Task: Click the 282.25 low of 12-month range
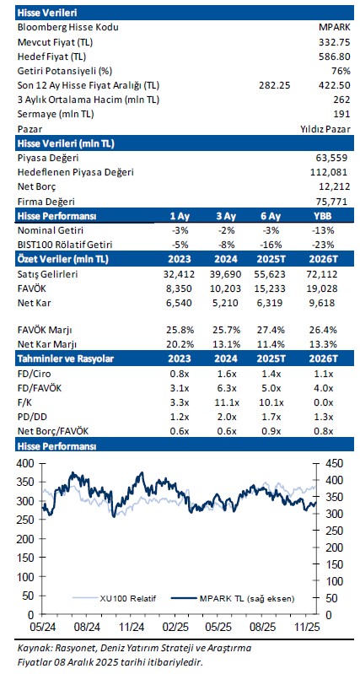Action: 275,85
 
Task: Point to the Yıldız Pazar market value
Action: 325,129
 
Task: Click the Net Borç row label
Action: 36,187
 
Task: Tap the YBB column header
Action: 323,216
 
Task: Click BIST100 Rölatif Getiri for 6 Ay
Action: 271,245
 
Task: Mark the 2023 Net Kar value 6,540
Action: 180,303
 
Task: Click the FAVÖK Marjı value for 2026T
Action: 323,331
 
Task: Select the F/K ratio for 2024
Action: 226,403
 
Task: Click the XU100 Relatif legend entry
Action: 115,598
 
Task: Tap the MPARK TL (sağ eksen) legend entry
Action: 234,598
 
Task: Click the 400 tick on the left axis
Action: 25,463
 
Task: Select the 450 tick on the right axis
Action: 331,463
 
